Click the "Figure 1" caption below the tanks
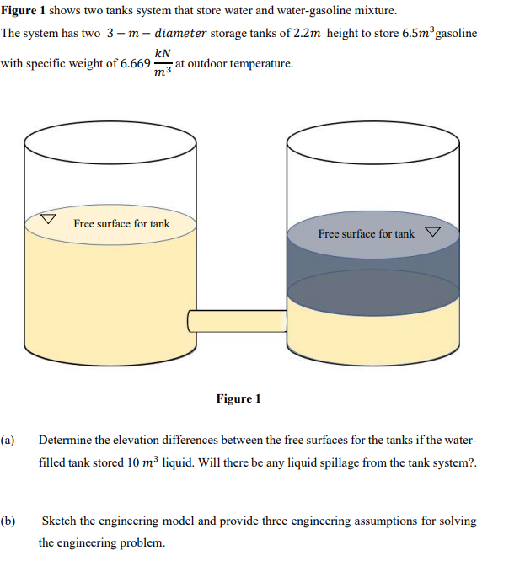click(238, 398)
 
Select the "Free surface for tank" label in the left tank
click(121, 224)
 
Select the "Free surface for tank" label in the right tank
click(367, 233)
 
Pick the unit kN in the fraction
click(163, 54)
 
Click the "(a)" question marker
click(9, 440)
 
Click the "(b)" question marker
click(9, 521)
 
